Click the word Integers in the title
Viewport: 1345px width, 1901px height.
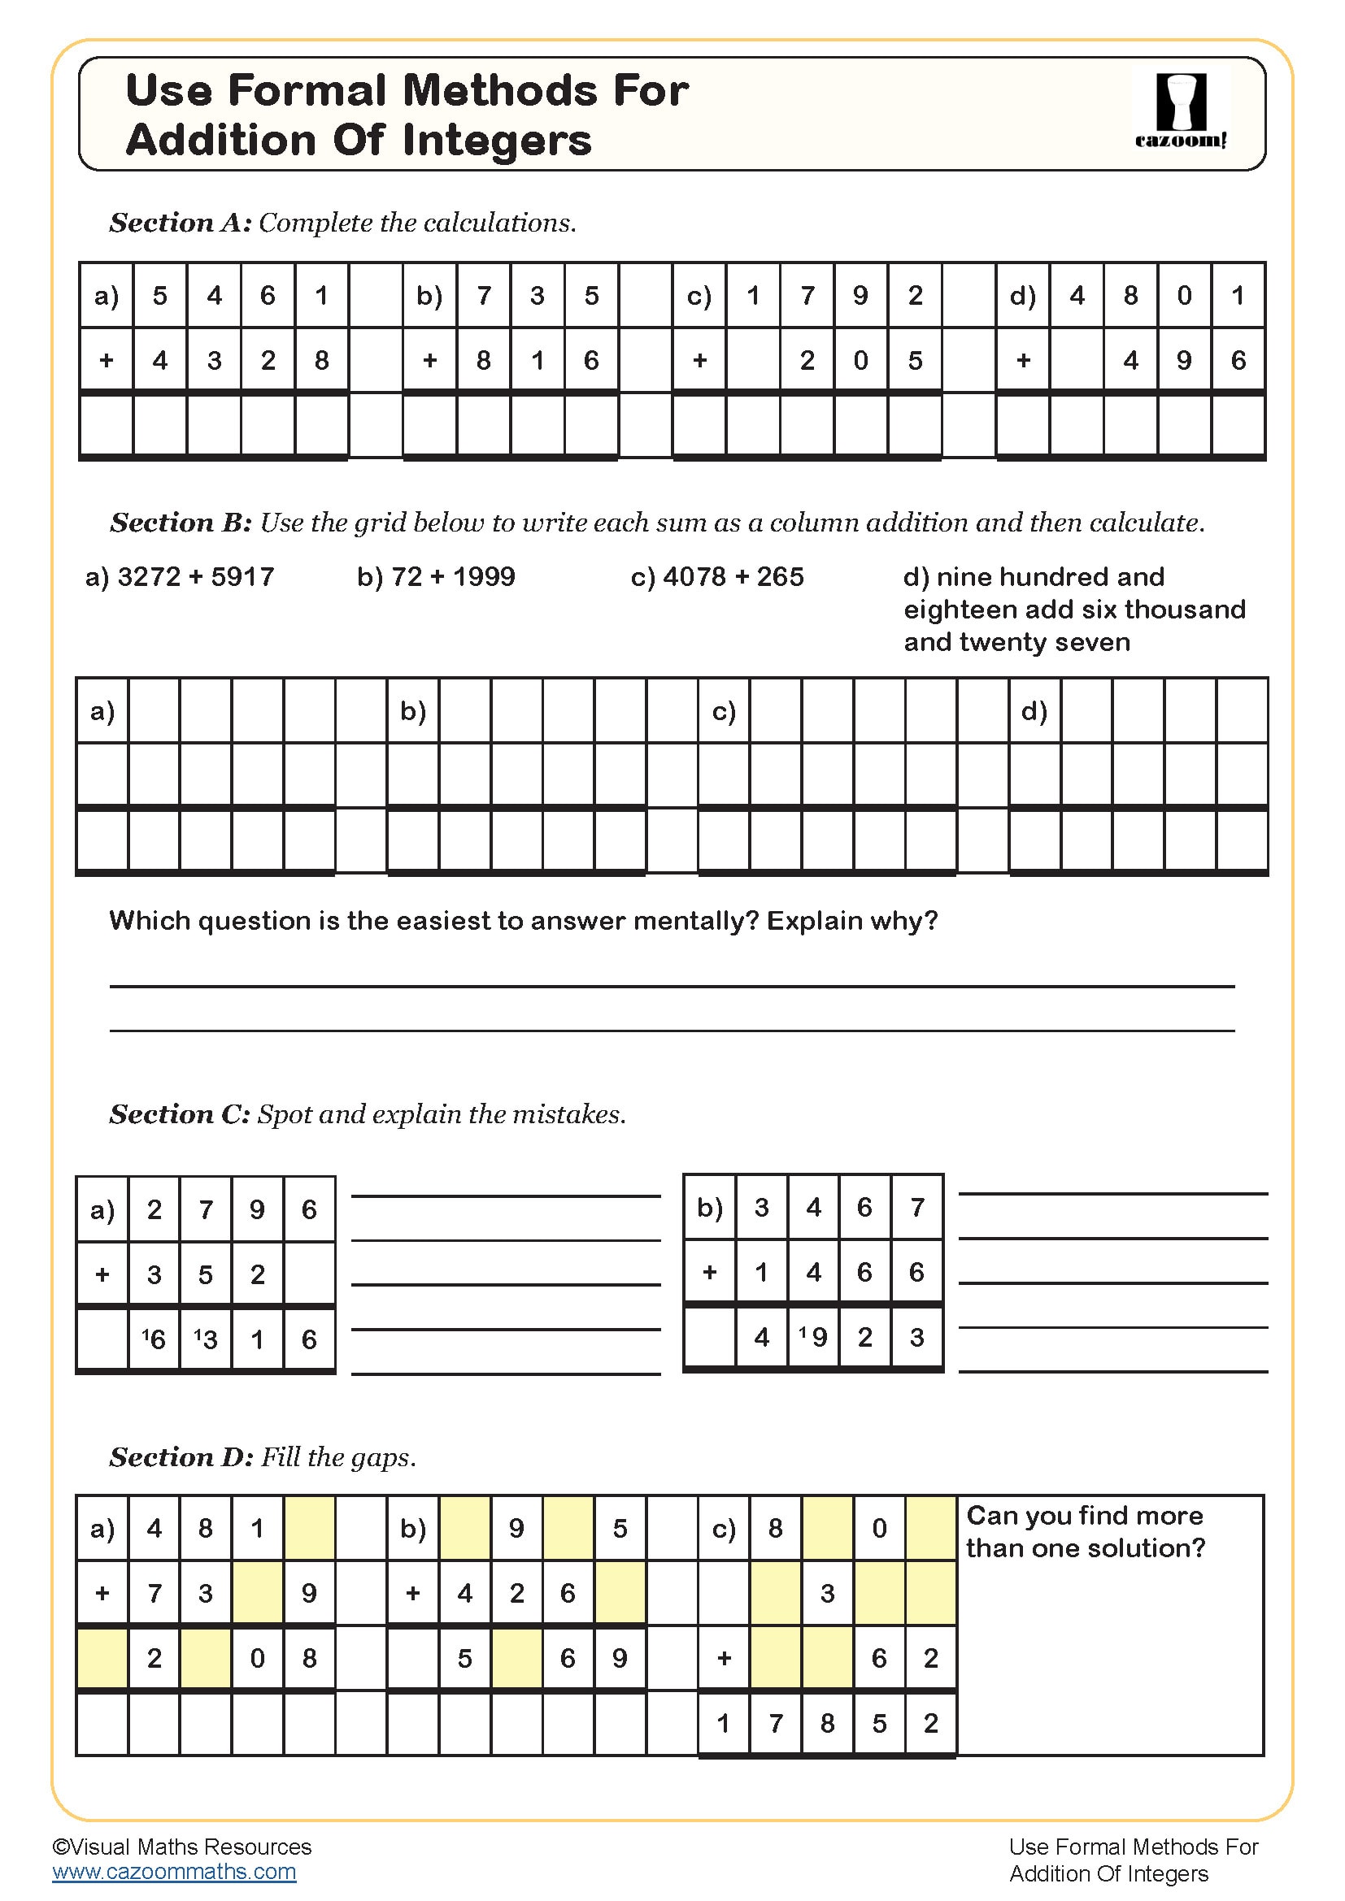click(497, 140)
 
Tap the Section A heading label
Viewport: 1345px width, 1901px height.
click(180, 223)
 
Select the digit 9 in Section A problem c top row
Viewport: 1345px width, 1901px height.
click(860, 296)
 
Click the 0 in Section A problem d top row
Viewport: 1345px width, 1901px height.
click(1184, 296)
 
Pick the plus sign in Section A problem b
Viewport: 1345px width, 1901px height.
click(429, 360)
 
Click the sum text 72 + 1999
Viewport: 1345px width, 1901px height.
click(436, 576)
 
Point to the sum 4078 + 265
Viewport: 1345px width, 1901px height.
click(717, 576)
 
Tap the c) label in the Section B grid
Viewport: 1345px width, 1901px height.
click(723, 711)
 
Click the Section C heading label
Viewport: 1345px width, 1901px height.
click(180, 1114)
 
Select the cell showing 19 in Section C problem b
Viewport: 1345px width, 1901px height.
click(813, 1336)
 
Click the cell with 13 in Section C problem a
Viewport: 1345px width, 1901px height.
click(206, 1339)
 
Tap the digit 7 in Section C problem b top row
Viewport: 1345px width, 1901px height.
click(916, 1207)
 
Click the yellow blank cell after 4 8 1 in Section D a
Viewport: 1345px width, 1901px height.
click(309, 1529)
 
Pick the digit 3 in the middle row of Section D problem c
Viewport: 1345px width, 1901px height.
click(827, 1593)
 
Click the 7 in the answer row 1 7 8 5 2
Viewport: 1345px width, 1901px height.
click(775, 1723)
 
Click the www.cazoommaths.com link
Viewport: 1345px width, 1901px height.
click(174, 1871)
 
